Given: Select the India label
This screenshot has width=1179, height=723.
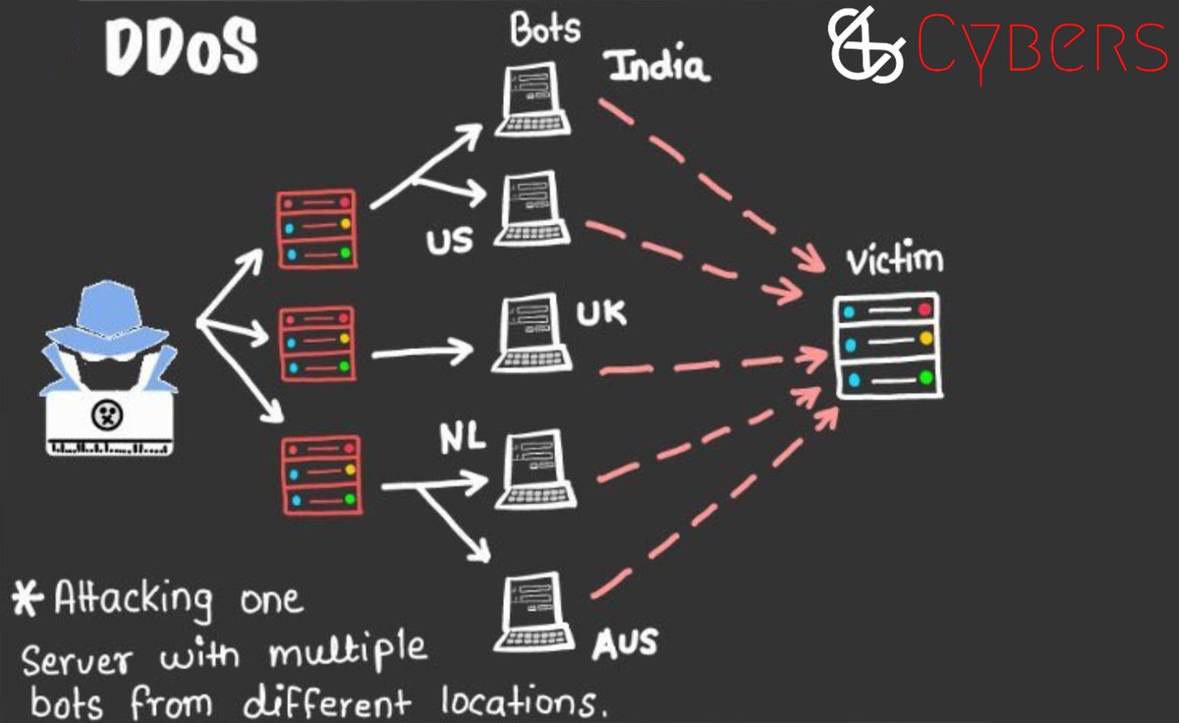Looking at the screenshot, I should click(x=657, y=67).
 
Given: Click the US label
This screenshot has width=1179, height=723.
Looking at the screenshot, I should click(x=449, y=240).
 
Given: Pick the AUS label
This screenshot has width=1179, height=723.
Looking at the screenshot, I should click(x=624, y=642).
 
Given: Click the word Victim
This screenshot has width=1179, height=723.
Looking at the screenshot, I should click(x=894, y=261).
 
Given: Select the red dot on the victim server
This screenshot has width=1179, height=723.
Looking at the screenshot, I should click(x=925, y=310).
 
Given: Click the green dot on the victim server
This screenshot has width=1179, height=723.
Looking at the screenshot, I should click(x=925, y=377).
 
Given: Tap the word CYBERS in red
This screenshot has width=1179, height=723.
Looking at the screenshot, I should click(x=1041, y=48).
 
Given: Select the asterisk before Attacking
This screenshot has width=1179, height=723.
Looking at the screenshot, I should click(x=29, y=596).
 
